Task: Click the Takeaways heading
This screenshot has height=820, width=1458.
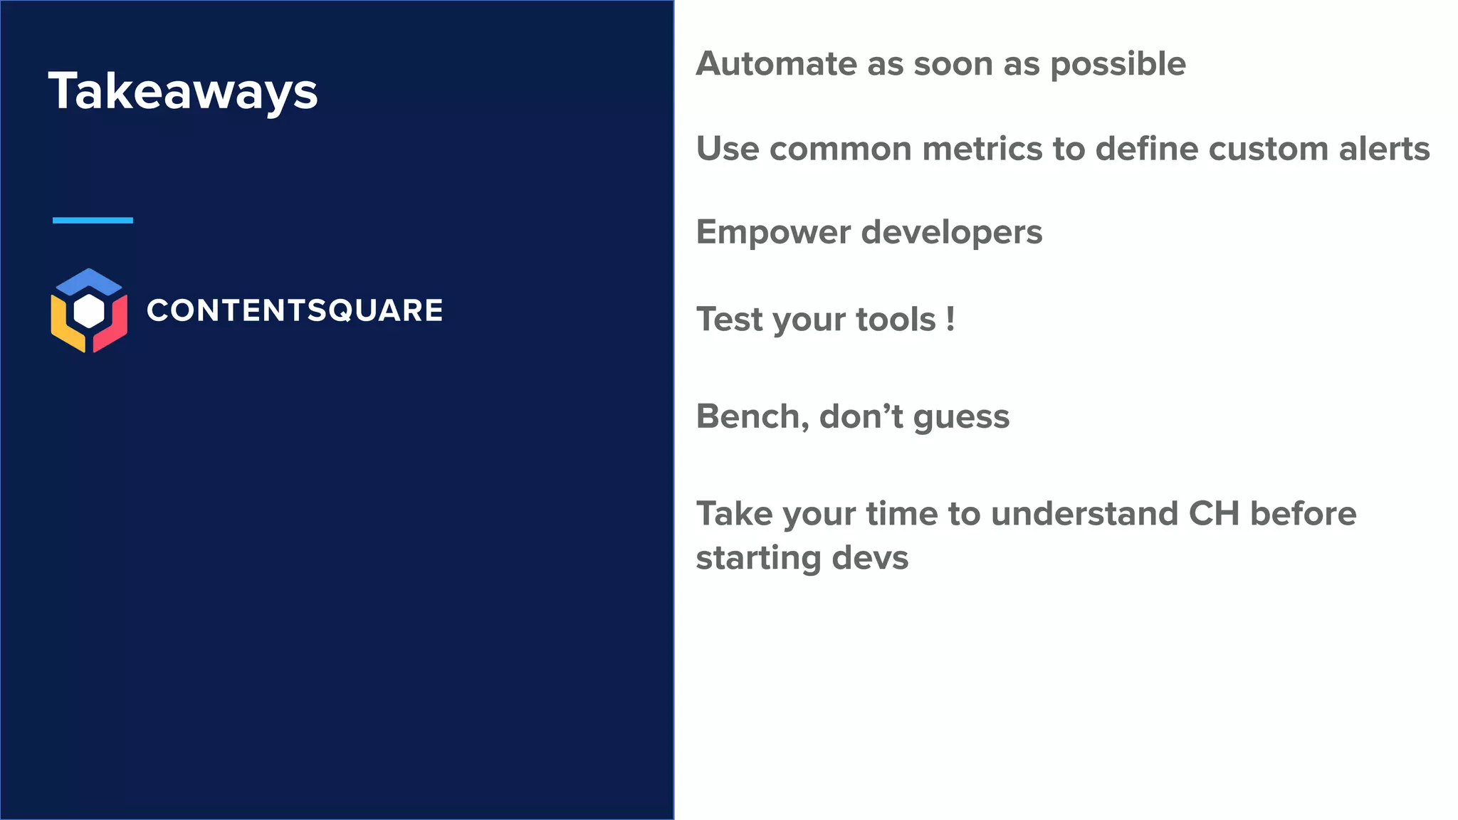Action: pos(183,91)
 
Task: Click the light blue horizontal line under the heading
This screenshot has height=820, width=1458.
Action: pos(93,220)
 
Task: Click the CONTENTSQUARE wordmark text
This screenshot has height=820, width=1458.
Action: pos(294,310)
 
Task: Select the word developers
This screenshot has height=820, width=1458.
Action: pos(952,233)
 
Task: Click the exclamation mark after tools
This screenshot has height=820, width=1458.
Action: pos(950,318)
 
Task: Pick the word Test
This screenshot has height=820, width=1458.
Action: pos(730,318)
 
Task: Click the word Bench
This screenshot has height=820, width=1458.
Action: pos(752,416)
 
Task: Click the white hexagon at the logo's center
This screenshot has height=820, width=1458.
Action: pos(89,311)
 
